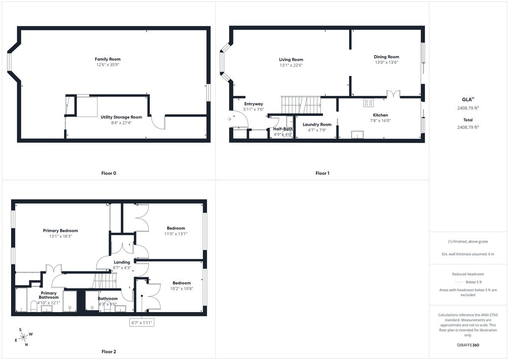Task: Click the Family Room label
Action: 107,59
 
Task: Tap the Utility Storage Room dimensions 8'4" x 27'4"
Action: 121,123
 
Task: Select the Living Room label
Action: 291,59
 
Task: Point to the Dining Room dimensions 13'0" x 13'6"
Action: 386,62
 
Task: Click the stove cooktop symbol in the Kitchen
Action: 368,103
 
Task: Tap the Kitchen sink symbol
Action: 357,135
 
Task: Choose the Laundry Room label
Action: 317,125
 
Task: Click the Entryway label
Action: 254,104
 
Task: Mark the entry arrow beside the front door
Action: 229,119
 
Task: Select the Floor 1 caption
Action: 322,173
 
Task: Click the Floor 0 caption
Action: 109,173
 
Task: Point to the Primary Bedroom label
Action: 60,231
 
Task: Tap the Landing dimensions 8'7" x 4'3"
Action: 122,268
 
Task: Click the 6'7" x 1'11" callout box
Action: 142,323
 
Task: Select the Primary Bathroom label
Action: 49,295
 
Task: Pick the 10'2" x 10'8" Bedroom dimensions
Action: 182,289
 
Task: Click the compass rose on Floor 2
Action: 23,337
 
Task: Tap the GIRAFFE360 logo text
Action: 468,345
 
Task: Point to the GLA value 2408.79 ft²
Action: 468,108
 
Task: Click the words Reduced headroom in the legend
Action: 468,274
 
